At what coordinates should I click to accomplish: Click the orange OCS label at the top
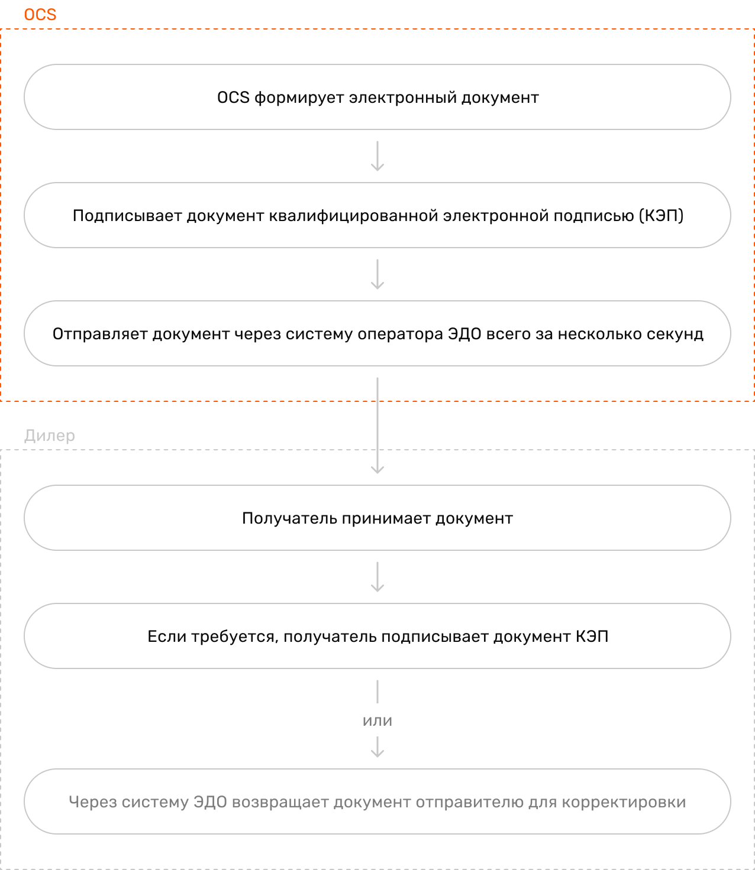coord(40,15)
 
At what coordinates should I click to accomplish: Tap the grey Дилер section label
coord(49,436)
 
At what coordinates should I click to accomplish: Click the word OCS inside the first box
coord(233,98)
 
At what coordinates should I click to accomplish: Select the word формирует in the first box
coord(299,98)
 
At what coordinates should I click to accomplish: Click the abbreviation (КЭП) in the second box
coord(661,216)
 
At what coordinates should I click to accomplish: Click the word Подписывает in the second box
coord(127,216)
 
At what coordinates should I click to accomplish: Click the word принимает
coord(386,518)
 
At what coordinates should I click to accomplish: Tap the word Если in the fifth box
coord(167,637)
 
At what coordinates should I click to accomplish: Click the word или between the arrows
coord(377,721)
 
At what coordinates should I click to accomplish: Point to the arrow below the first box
coord(377,156)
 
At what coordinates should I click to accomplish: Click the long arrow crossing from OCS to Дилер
coord(377,426)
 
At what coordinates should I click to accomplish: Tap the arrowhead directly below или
coord(377,753)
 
